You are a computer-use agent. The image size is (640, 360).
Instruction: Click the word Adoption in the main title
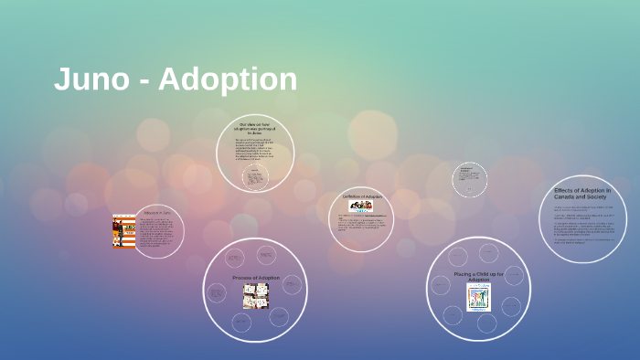[x=229, y=80]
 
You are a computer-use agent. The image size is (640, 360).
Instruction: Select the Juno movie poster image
[x=123, y=231]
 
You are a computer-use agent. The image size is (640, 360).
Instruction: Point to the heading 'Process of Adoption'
[x=256, y=277]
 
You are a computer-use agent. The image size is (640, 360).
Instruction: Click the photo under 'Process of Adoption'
[x=255, y=295]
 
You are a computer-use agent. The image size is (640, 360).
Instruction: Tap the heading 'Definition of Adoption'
[x=361, y=196]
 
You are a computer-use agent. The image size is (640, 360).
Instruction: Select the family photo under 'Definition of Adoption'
[x=361, y=206]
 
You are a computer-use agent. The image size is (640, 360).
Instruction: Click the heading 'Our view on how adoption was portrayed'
[x=255, y=127]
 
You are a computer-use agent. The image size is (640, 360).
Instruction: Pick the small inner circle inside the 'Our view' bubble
[x=255, y=177]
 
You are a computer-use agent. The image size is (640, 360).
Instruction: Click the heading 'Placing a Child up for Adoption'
[x=478, y=276]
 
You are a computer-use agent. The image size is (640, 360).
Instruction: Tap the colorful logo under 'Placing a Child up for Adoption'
[x=478, y=297]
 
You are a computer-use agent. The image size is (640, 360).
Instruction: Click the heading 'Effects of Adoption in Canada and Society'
[x=582, y=194]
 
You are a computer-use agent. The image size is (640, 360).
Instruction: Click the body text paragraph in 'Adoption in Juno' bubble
[x=154, y=234]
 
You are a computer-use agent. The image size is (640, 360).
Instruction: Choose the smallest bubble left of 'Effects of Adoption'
[x=469, y=179]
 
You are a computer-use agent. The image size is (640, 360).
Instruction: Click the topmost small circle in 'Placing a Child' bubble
[x=478, y=253]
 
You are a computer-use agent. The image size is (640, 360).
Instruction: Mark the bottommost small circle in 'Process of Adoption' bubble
[x=241, y=322]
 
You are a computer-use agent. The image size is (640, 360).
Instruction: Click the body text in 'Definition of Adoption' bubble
[x=360, y=222]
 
